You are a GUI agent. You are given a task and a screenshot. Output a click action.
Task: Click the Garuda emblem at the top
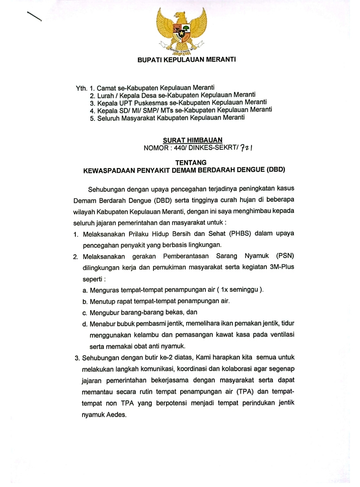click(x=181, y=31)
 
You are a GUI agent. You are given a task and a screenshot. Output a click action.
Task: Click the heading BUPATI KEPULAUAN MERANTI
click(x=186, y=60)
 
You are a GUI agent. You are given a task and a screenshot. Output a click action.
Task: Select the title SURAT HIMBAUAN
click(x=192, y=140)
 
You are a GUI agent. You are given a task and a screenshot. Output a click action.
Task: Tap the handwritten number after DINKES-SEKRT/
click(x=246, y=147)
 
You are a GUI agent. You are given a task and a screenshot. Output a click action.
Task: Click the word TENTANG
click(x=191, y=162)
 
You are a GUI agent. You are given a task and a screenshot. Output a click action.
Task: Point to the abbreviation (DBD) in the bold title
click(x=276, y=169)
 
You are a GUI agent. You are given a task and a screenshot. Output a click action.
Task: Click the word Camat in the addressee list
click(x=106, y=88)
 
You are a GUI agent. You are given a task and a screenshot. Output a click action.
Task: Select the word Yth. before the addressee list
click(x=81, y=88)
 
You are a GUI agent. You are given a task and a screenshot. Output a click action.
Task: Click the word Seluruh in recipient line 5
click(x=108, y=118)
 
